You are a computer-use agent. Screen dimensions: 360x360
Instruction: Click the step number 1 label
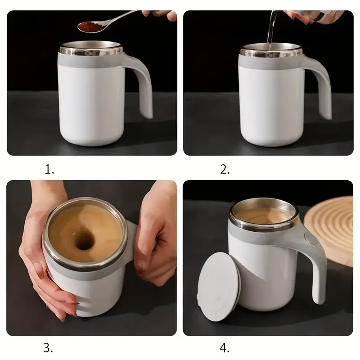pyautogui.click(x=49, y=169)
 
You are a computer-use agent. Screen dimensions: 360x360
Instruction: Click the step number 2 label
pyautogui.click(x=225, y=169)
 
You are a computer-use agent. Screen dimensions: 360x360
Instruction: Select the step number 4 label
pyautogui.click(x=225, y=347)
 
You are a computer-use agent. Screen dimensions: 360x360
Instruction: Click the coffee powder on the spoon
pyautogui.click(x=89, y=27)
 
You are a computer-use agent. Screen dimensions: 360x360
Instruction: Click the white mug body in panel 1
pyautogui.click(x=90, y=108)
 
